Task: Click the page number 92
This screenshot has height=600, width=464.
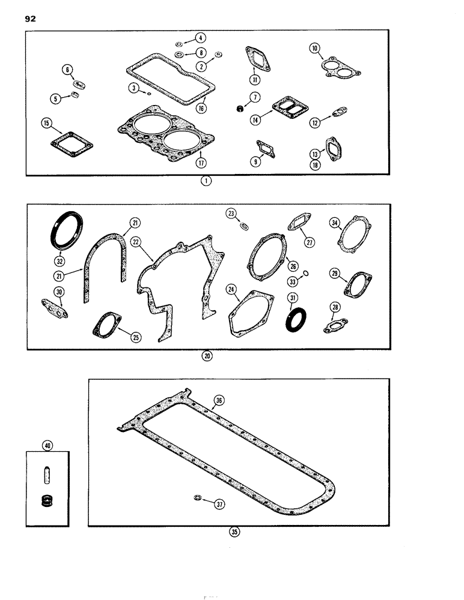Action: coord(31,20)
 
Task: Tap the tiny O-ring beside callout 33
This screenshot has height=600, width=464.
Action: coord(305,272)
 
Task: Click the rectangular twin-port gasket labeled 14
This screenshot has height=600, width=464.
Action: coord(288,108)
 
